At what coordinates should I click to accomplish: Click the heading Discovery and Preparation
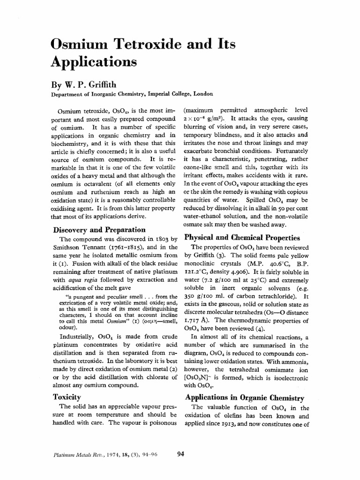[98, 230]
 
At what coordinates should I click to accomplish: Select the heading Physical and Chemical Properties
[242, 237]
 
